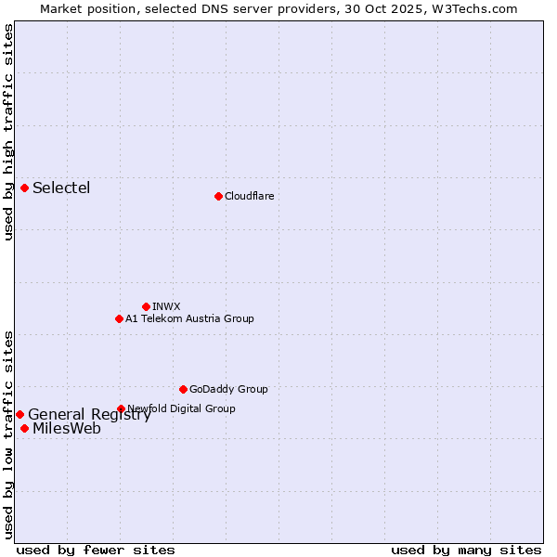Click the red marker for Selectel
(x=24, y=188)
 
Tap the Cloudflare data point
(x=218, y=196)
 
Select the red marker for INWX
(x=146, y=306)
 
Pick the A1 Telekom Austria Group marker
(x=119, y=318)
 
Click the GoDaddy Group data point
(x=183, y=389)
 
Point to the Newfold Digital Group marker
(x=121, y=408)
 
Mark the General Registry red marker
(x=19, y=414)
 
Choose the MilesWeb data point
(x=24, y=428)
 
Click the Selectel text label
(x=61, y=188)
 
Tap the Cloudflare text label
(x=249, y=196)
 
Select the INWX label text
(x=166, y=306)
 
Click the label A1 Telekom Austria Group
(x=189, y=318)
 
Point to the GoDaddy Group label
(x=228, y=389)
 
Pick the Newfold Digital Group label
(x=181, y=408)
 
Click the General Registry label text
(x=89, y=415)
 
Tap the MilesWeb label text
(x=67, y=429)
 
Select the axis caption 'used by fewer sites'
(x=96, y=550)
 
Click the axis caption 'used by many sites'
(x=466, y=550)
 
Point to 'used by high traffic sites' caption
(x=8, y=132)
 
